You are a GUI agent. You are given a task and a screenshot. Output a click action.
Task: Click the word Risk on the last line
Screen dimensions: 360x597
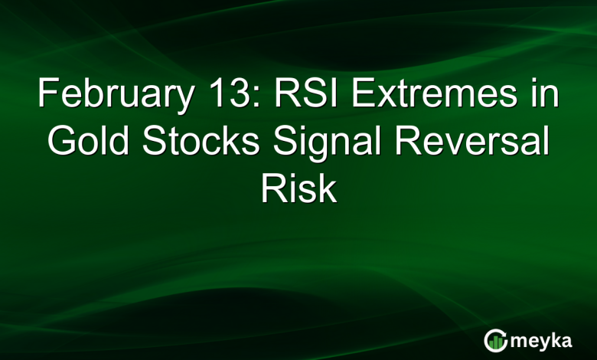[x=298, y=187]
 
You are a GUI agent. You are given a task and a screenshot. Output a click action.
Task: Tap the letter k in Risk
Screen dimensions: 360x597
[x=328, y=187]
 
